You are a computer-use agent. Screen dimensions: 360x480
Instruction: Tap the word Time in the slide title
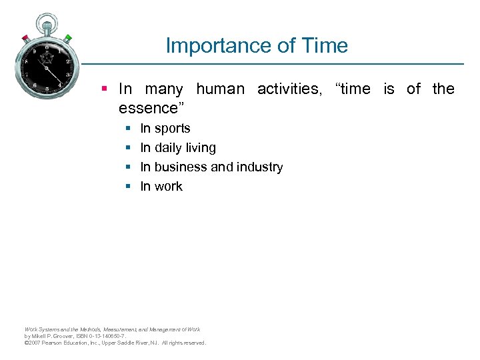pyautogui.click(x=323, y=46)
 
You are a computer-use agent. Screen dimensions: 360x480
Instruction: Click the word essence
pyautogui.click(x=148, y=108)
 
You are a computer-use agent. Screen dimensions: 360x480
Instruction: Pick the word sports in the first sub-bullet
pyautogui.click(x=173, y=129)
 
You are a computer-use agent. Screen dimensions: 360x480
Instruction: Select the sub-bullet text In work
pyautogui.click(x=161, y=187)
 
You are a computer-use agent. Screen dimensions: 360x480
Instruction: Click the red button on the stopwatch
pyautogui.click(x=25, y=38)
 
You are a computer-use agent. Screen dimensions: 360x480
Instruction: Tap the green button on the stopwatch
pyautogui.click(x=68, y=38)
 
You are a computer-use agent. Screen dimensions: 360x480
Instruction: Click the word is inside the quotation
pyautogui.click(x=389, y=89)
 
